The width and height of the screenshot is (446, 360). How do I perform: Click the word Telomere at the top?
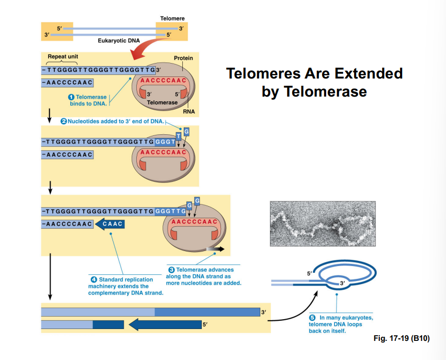(x=172, y=19)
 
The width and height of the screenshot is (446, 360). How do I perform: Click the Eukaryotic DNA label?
(x=115, y=40)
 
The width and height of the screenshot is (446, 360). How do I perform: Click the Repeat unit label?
(x=63, y=56)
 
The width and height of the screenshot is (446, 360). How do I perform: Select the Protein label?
(x=183, y=58)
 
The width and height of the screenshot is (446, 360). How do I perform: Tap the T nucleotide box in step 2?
(x=179, y=136)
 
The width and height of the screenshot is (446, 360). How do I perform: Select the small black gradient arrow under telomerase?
(x=215, y=249)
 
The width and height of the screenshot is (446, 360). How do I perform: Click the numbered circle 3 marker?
(x=172, y=270)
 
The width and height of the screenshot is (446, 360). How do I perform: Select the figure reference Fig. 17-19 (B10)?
(x=401, y=338)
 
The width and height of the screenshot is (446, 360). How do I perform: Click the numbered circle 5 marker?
(x=312, y=318)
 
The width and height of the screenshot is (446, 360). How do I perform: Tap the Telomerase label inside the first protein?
(x=162, y=103)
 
